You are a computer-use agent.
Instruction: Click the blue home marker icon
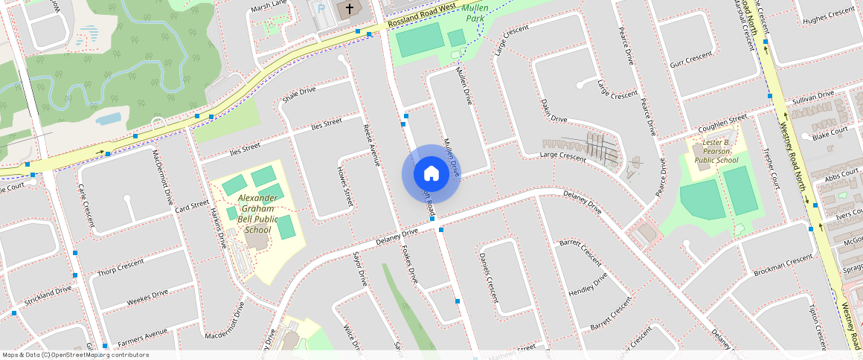[x=431, y=174]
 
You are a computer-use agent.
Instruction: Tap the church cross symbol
[x=347, y=9]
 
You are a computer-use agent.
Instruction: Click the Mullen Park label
[x=475, y=13]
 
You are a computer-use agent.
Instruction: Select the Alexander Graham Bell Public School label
[x=257, y=213]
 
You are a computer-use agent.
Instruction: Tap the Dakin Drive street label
[x=554, y=111]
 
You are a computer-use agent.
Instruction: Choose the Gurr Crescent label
[x=691, y=60]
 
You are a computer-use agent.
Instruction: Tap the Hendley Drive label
[x=588, y=285]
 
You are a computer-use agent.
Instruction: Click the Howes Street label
[x=344, y=186]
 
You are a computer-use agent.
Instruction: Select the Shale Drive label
[x=299, y=94]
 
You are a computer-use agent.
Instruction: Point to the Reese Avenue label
[x=371, y=144]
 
